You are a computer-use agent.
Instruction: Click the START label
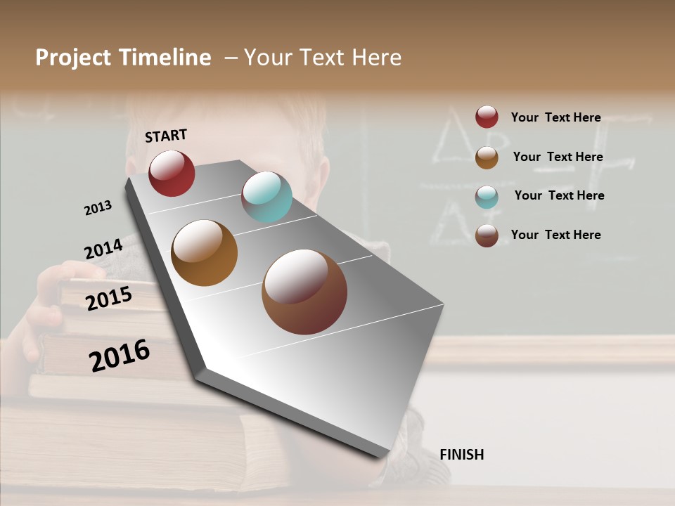166,136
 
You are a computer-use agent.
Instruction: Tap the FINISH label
461,455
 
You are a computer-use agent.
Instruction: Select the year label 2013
98,208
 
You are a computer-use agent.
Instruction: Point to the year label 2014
103,249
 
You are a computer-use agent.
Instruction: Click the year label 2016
120,356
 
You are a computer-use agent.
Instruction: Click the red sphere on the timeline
172,174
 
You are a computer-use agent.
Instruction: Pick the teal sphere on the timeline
266,197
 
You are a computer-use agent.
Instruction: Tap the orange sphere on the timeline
205,253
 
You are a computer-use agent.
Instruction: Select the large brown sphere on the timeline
304,292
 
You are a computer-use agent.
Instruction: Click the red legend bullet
487,117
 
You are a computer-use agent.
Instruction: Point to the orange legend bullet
487,157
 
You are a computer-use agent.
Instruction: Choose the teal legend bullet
487,197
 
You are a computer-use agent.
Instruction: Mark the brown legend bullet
487,235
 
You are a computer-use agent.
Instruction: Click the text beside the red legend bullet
555,117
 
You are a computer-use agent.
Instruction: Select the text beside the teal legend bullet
559,195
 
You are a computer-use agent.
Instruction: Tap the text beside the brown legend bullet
555,235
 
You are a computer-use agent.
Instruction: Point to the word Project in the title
73,58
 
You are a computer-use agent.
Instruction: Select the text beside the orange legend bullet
558,157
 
